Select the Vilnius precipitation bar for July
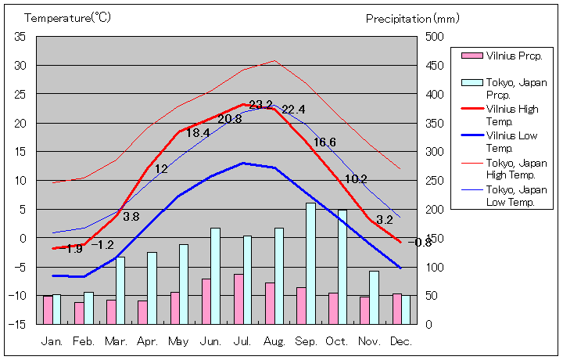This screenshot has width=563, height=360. (238, 298)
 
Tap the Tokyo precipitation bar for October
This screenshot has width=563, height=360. (342, 266)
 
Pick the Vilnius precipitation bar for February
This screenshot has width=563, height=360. (79, 312)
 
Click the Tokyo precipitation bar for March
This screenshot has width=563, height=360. (120, 290)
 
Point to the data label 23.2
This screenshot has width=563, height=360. (260, 105)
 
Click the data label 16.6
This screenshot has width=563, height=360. (325, 142)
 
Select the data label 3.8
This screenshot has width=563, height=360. (131, 217)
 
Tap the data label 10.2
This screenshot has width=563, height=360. (356, 179)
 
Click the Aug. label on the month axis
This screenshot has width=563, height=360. (274, 341)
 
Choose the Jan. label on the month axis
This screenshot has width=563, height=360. (52, 341)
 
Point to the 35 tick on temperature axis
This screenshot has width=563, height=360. (20, 37)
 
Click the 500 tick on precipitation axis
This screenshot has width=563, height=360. (434, 37)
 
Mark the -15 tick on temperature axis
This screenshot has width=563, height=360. (18, 323)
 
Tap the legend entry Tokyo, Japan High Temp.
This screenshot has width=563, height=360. (515, 168)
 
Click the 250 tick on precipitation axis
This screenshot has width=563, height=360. (434, 180)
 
